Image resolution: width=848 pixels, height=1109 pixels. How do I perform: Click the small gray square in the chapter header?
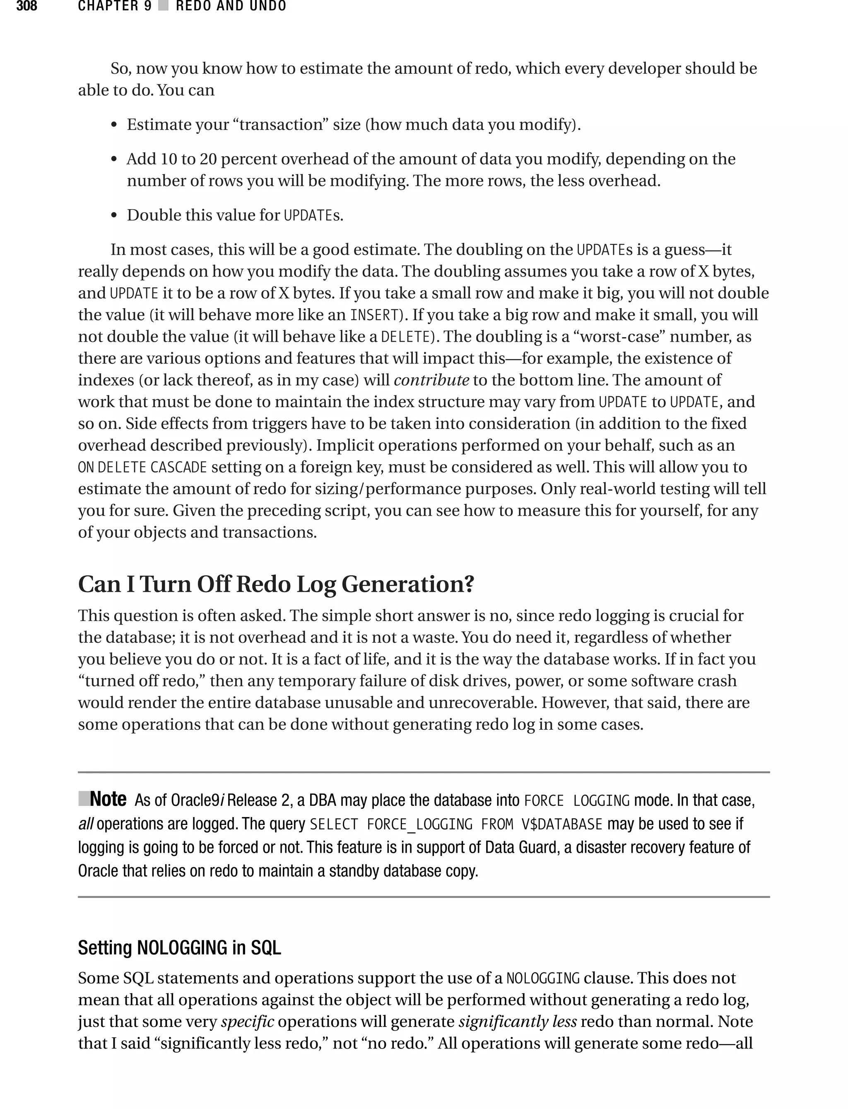click(163, 6)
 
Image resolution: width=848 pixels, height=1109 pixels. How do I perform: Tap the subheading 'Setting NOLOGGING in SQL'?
click(179, 948)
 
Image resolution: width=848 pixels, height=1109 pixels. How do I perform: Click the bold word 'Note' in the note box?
click(108, 799)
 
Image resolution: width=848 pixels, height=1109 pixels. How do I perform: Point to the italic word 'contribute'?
click(431, 380)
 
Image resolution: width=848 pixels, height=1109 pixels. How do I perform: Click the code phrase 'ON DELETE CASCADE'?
click(142, 467)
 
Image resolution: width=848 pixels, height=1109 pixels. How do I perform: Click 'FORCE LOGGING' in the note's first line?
click(576, 800)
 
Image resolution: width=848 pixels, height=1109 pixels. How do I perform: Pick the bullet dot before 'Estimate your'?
click(114, 125)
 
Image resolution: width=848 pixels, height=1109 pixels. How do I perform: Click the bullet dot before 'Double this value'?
click(114, 215)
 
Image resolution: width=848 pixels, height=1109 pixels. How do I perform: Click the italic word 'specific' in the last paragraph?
click(247, 1022)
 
